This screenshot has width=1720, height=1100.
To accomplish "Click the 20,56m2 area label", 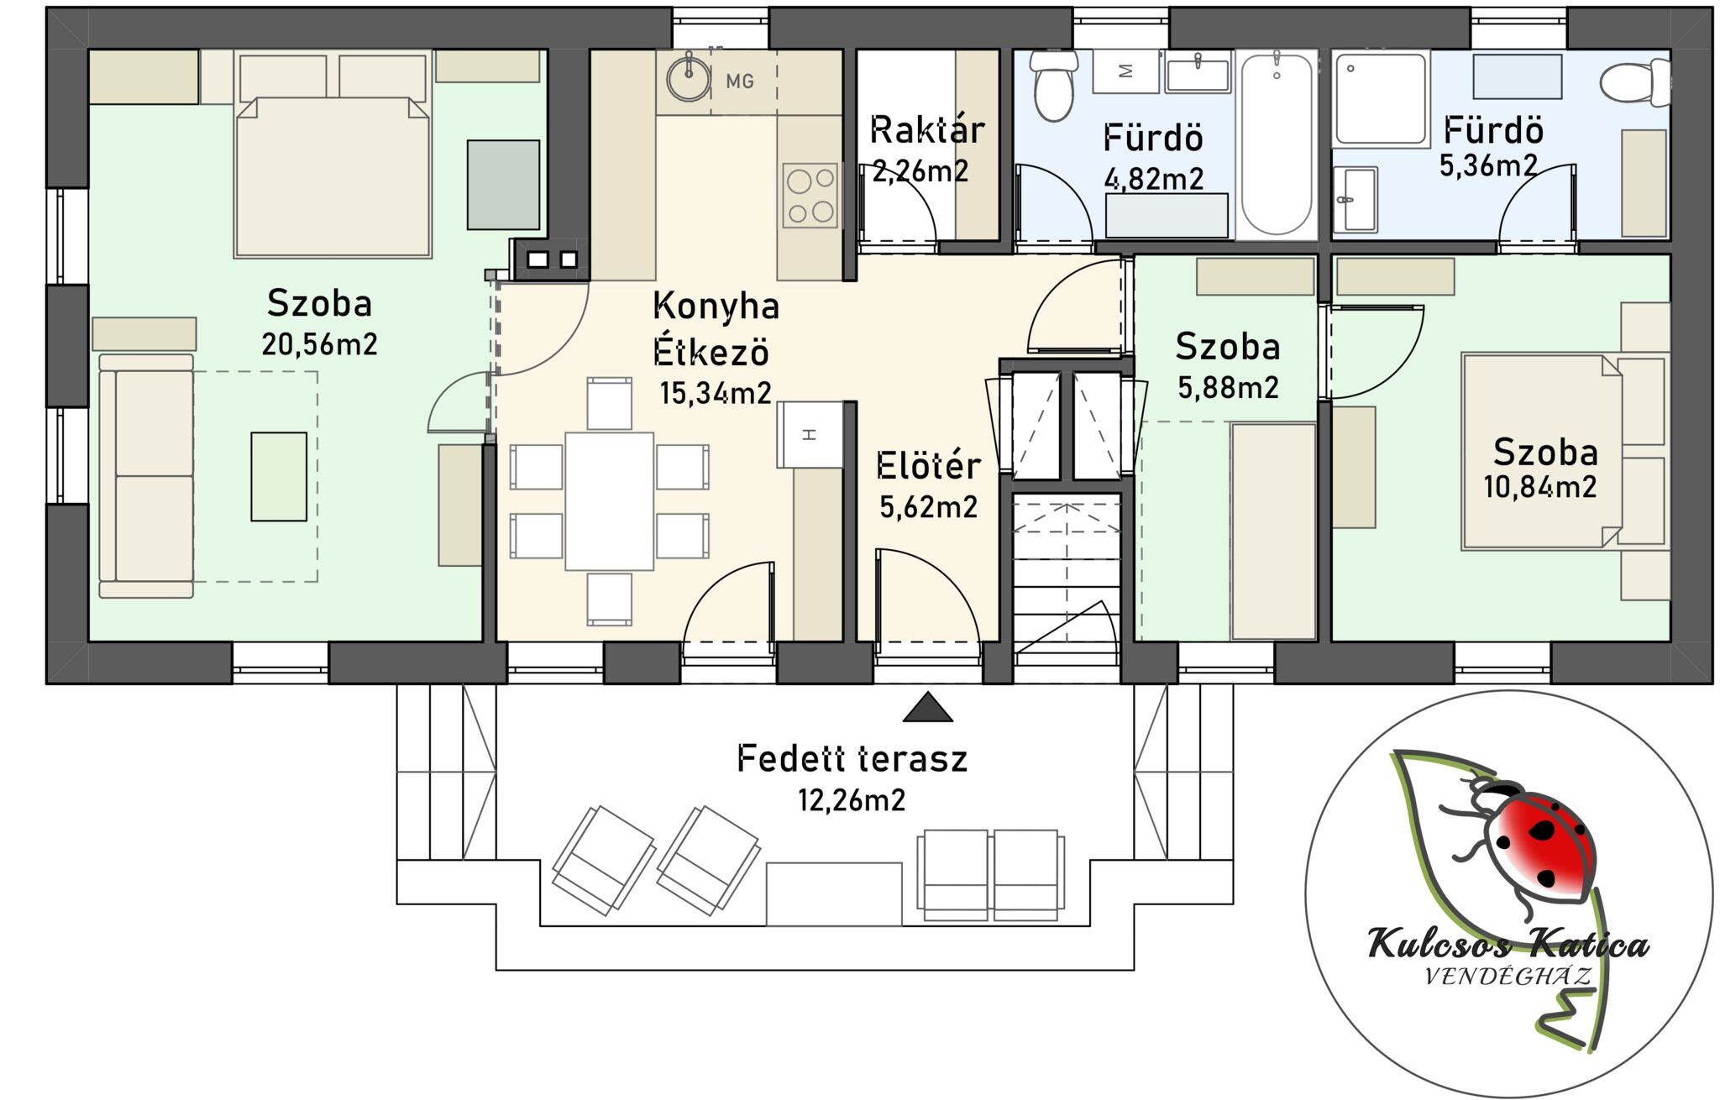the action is (x=319, y=344).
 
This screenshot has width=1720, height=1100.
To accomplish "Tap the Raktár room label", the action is (x=927, y=130).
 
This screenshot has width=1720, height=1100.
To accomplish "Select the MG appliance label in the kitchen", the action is (x=740, y=81).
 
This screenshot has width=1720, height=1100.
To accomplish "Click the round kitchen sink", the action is (x=690, y=78).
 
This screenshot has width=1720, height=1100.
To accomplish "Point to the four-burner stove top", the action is (x=810, y=196).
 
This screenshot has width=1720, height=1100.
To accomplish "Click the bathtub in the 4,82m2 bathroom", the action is (x=1276, y=144).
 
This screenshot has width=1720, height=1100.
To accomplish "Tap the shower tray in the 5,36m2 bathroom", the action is (x=1381, y=99).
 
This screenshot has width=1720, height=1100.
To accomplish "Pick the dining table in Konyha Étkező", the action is (x=610, y=500).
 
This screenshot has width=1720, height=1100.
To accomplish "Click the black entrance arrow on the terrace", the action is (x=928, y=707).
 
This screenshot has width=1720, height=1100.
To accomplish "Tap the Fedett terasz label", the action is (x=852, y=759).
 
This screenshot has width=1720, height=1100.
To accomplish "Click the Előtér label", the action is (x=928, y=466).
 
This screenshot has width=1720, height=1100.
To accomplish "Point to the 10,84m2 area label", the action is (x=1540, y=487).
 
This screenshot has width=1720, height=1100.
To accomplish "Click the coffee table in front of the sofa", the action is (x=279, y=476).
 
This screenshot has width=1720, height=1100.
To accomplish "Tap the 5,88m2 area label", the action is (x=1229, y=387).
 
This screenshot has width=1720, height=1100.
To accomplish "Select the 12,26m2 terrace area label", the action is (x=852, y=800).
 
